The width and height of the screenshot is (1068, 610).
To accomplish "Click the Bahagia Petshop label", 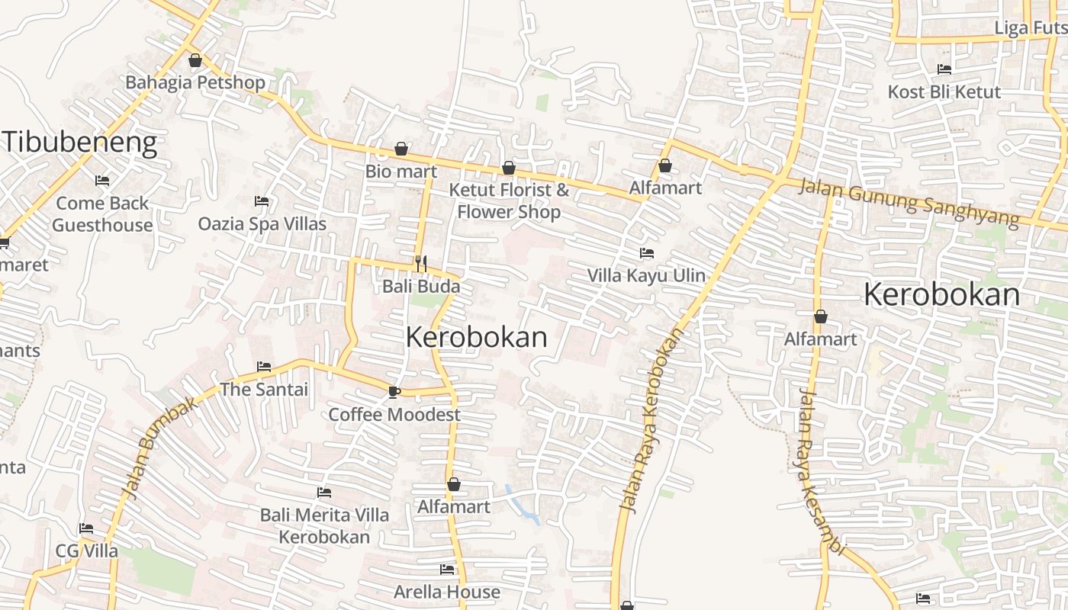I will pos(195,82).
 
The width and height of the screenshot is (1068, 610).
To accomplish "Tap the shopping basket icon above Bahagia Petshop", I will pos(195,60).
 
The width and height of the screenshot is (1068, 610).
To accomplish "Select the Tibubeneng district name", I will pos(80,143).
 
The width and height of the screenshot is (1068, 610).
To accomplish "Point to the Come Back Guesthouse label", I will pos(102,214).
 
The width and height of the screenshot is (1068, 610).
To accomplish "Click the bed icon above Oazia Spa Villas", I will pos(262,201).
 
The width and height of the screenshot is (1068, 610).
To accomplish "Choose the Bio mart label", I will pos(400,171).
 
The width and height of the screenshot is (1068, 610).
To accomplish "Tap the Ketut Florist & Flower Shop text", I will pos(509,201).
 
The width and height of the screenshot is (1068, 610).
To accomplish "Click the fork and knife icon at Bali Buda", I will pos(420,264).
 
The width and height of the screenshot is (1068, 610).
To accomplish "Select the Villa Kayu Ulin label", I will pos(646,275).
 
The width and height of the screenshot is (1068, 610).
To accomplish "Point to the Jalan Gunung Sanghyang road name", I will pos(908,202).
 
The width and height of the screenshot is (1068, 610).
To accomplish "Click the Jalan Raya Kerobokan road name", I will pos(649,419).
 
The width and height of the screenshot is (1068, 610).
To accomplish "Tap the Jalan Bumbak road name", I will pos(161,447).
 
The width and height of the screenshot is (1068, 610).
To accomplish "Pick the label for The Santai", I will pos(264,390).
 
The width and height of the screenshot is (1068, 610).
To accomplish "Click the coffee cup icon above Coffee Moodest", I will pos(394,392).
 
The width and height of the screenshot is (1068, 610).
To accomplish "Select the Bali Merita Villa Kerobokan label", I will pos(324,525).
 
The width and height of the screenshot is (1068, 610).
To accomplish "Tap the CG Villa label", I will pos(86,551).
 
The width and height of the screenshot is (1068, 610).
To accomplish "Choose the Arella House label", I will pos(447,592).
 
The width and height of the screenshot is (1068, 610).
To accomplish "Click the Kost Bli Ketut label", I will pos(944,92).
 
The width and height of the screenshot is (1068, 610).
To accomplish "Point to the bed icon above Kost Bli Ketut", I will pos(944,69).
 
